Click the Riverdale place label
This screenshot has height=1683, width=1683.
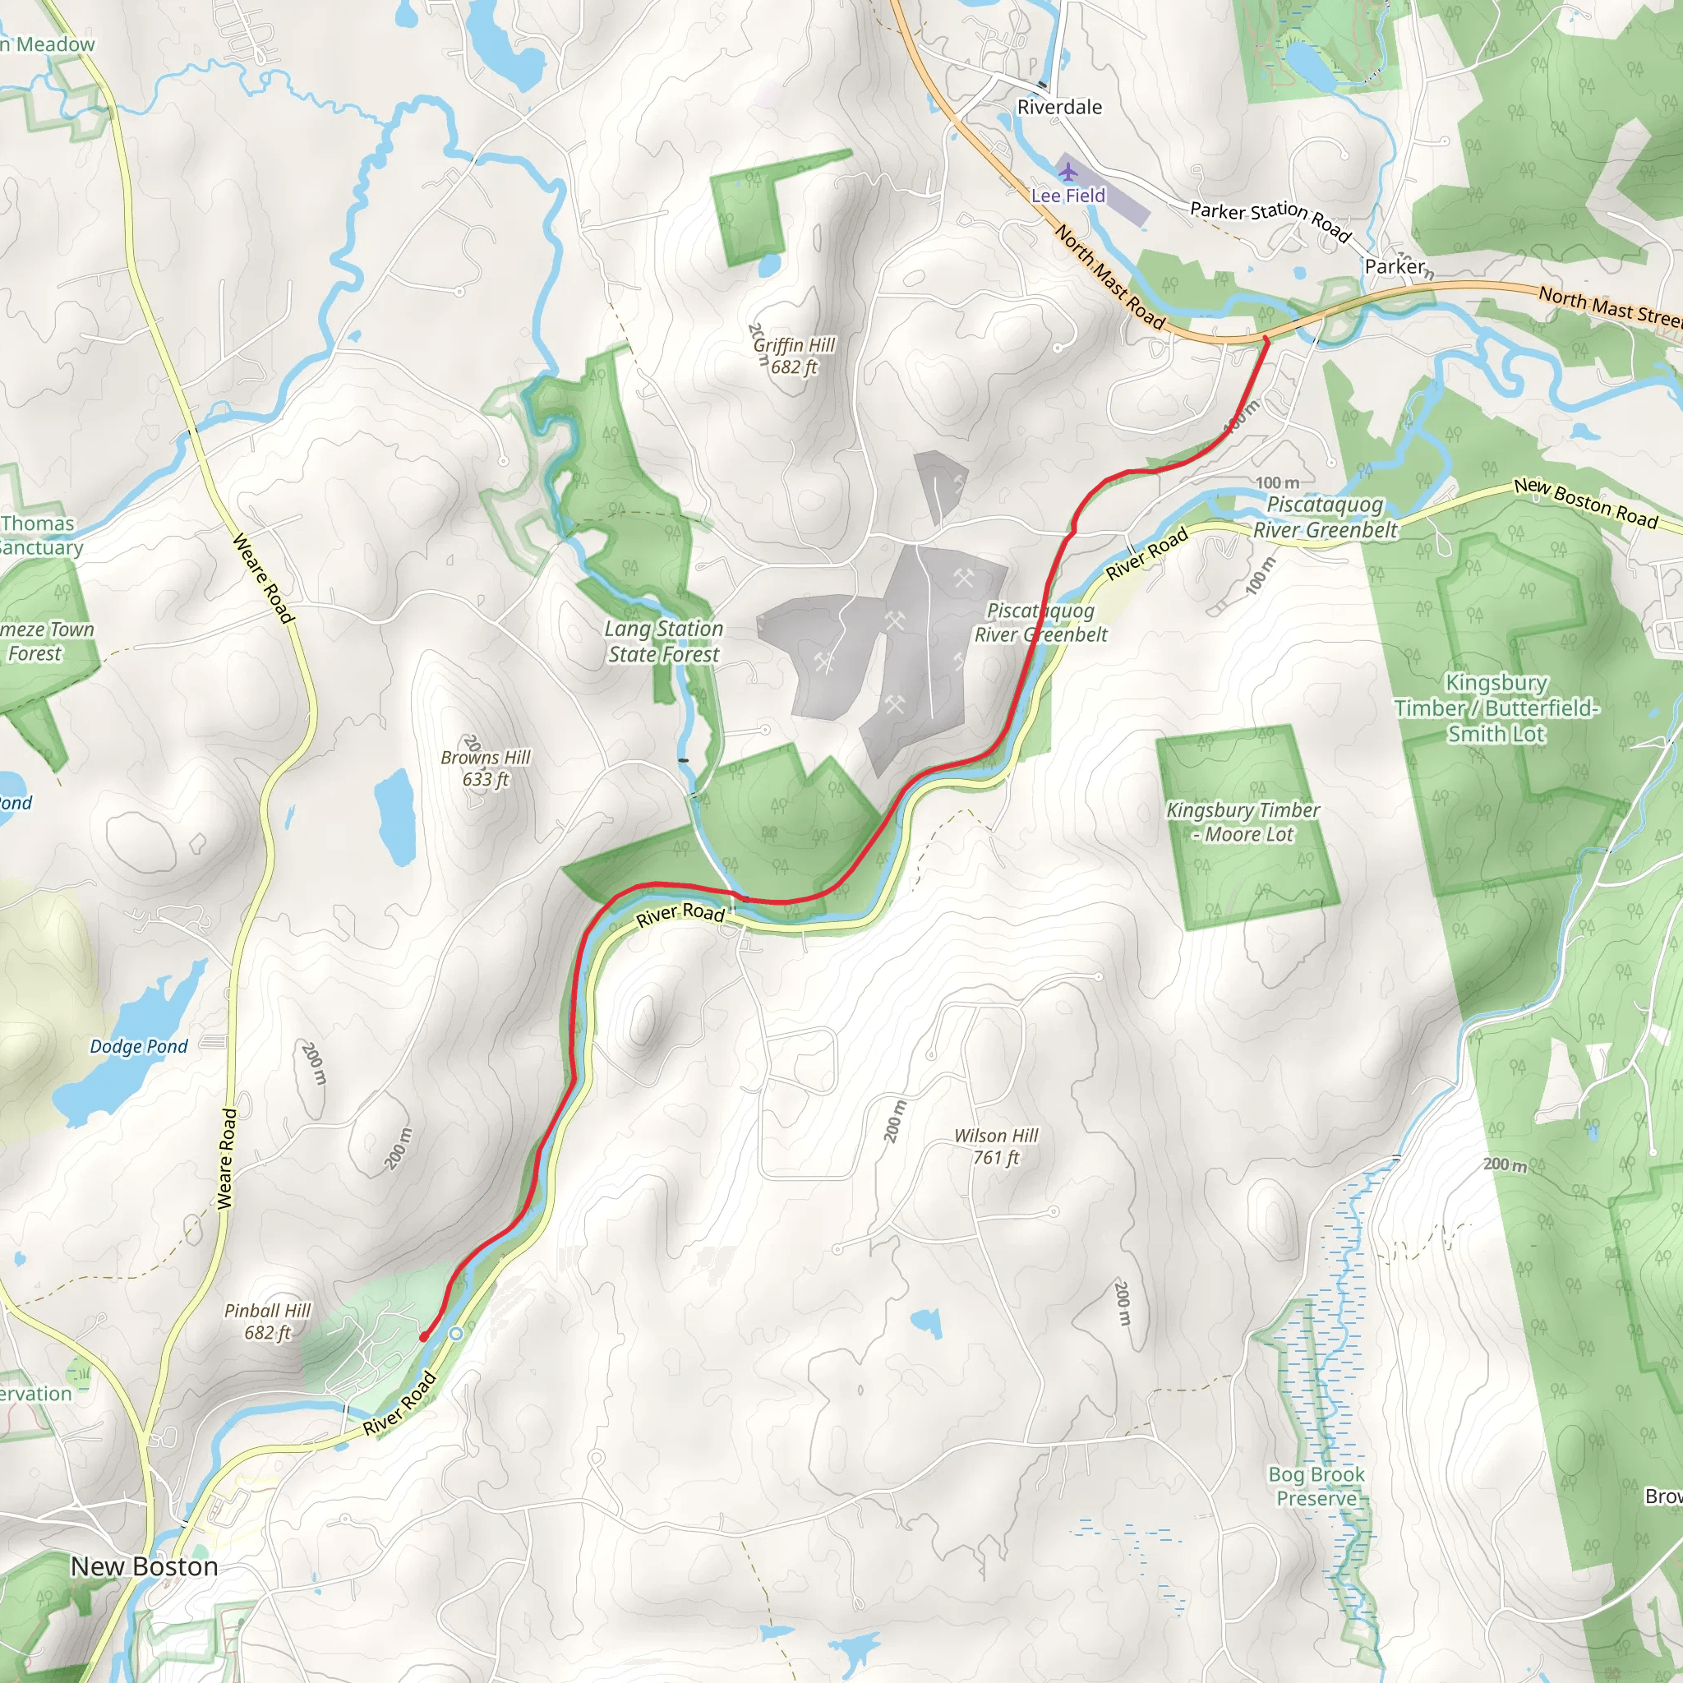coord(1059,107)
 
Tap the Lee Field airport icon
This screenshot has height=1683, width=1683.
coord(1068,172)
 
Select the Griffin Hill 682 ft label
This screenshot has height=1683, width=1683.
coord(794,355)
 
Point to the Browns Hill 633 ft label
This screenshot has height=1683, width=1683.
coord(485,768)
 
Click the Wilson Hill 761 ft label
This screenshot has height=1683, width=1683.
coord(996,1146)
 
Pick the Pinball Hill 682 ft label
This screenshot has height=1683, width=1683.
coord(267,1321)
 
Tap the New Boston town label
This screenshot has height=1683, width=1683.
coord(145,1566)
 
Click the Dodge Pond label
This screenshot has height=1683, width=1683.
coord(139,1046)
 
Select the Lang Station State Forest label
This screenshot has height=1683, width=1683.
coord(664,641)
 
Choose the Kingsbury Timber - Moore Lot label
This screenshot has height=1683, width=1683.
coord(1243,822)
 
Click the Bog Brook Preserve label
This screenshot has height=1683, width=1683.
coord(1316,1486)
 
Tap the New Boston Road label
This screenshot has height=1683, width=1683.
coord(1585,503)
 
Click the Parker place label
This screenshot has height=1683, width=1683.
coord(1395,266)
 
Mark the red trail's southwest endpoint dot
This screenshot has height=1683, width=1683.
coord(424,1336)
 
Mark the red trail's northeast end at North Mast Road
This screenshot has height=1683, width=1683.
coord(1266,339)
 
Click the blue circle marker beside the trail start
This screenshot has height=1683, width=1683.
coord(455,1334)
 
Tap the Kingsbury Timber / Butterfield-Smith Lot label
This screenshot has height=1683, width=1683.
coord(1496,708)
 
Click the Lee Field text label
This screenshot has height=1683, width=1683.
coord(1068,196)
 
